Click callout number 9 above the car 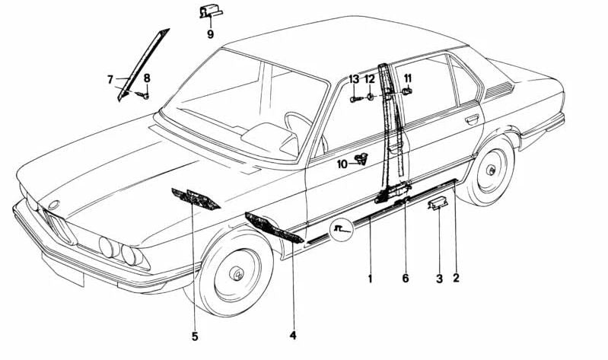[x=210, y=33]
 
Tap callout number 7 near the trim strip [x=110, y=78]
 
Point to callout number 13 [x=354, y=79]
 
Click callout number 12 [x=370, y=79]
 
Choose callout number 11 [x=408, y=78]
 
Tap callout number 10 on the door [x=342, y=163]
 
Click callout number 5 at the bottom [x=195, y=336]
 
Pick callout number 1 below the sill [x=371, y=279]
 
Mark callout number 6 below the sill [x=406, y=279]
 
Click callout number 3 [x=439, y=279]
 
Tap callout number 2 [x=456, y=279]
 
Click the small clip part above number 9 [x=209, y=11]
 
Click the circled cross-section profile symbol [x=339, y=228]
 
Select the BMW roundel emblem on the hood [x=53, y=205]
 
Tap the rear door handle [x=472, y=118]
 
